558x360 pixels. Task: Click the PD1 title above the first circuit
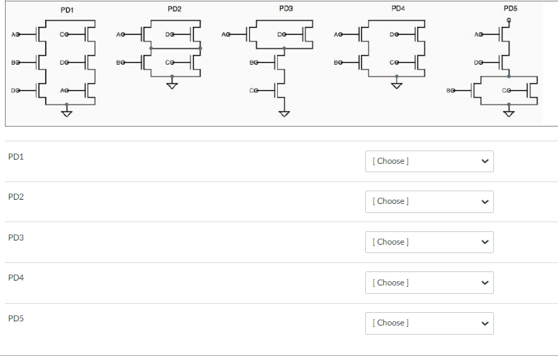click(68, 9)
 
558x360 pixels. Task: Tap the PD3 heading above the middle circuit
click(286, 8)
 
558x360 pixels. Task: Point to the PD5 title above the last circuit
click(510, 8)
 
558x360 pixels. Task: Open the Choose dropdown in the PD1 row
click(429, 161)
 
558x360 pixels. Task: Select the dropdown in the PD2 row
click(429, 201)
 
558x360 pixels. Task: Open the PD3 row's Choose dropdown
click(429, 242)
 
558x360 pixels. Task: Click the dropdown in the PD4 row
click(429, 283)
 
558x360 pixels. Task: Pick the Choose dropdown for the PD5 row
click(429, 323)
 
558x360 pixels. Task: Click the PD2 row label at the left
click(16, 197)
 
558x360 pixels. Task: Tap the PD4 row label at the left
click(16, 278)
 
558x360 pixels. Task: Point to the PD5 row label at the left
click(16, 319)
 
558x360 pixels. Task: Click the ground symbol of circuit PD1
click(67, 114)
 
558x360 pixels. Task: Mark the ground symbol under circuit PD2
click(172, 86)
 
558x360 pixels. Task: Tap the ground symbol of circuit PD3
click(284, 114)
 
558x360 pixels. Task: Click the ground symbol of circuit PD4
click(397, 86)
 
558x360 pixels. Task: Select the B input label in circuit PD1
click(13, 63)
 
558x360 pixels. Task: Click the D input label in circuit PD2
click(167, 34)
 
